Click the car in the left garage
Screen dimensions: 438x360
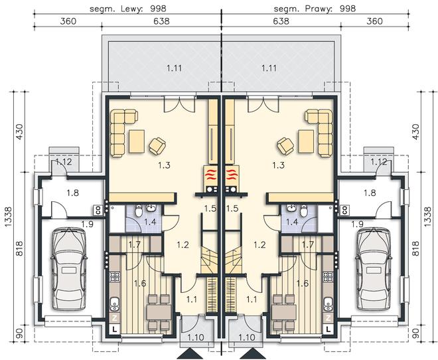click(x=69, y=269)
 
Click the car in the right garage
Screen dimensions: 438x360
click(x=374, y=269)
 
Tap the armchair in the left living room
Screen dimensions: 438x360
click(x=157, y=146)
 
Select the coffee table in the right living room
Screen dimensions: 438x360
click(x=306, y=141)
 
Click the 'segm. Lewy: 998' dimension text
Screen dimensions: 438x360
click(x=128, y=9)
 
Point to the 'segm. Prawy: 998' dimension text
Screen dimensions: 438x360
click(x=315, y=9)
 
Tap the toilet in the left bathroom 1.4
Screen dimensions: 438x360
click(x=139, y=211)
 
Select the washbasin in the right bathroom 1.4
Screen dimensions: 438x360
click(x=291, y=208)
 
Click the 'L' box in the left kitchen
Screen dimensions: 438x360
click(x=115, y=329)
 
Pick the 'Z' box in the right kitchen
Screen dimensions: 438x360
click(x=328, y=317)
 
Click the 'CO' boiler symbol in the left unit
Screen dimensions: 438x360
click(x=98, y=210)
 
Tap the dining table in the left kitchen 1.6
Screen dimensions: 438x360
click(x=159, y=312)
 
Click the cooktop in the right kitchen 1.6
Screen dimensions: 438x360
click(x=328, y=276)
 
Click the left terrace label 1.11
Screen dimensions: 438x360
click(x=175, y=68)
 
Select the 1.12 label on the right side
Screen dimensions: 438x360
click(x=379, y=162)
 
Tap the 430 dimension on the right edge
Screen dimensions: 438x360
click(x=415, y=132)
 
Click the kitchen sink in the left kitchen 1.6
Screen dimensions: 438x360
click(x=115, y=304)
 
